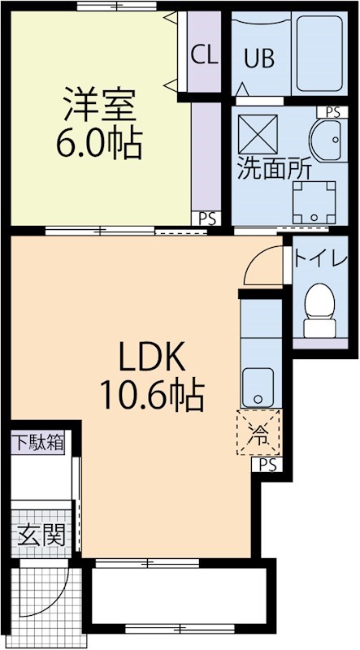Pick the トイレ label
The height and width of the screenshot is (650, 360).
click(322, 260)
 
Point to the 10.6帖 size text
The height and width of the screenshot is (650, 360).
click(151, 396)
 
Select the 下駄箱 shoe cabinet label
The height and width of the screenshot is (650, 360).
click(37, 443)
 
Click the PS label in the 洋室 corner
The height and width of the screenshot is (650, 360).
click(207, 217)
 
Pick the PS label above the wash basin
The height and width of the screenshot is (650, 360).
click(333, 112)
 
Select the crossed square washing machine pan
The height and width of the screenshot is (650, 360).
click(258, 131)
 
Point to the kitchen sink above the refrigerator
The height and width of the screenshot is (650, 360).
click(259, 385)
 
